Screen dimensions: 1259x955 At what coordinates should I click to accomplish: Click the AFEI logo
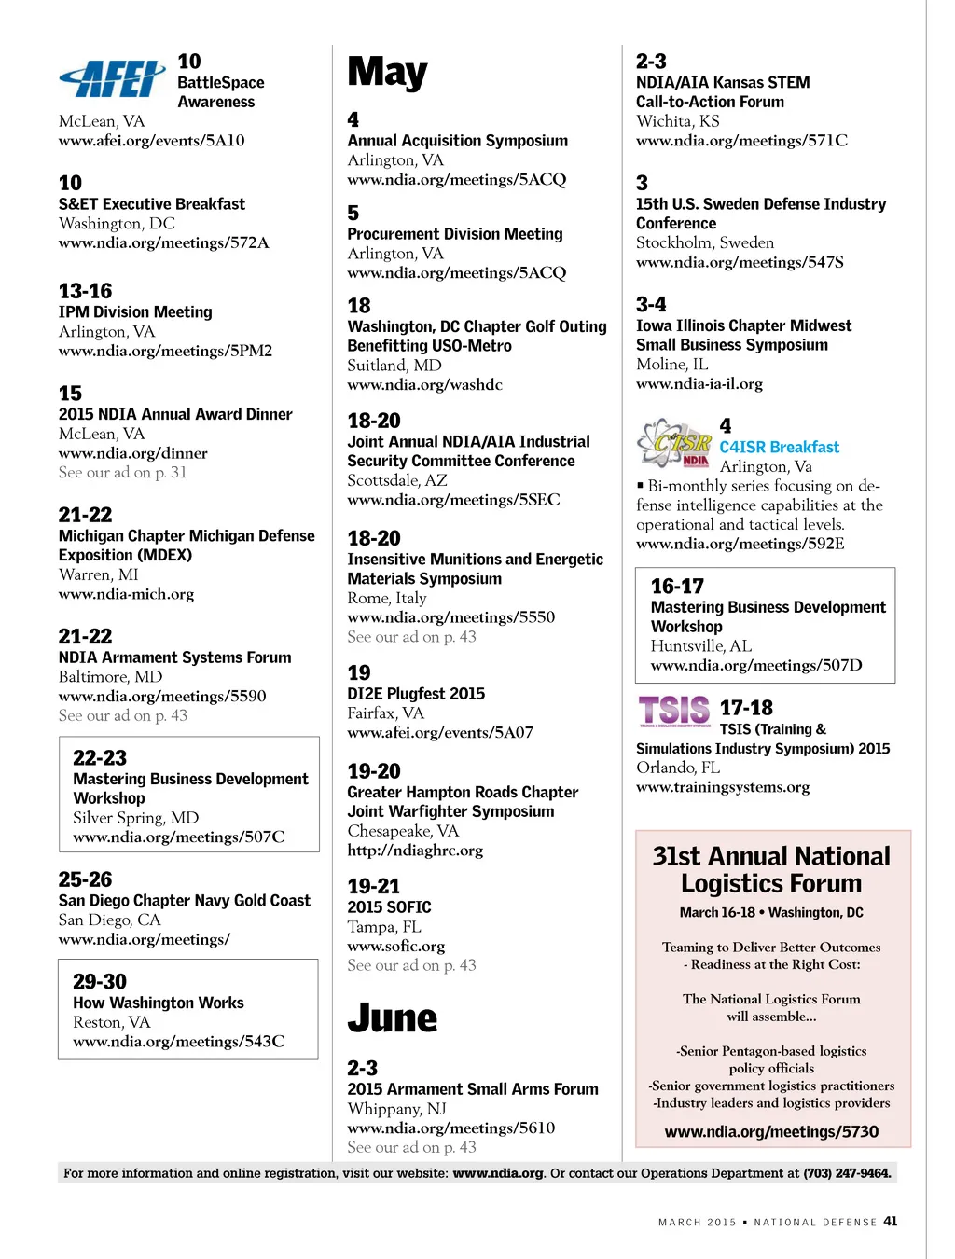(x=113, y=78)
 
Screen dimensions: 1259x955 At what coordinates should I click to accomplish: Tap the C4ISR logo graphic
(x=673, y=443)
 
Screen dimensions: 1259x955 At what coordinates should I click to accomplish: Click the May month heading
(x=387, y=73)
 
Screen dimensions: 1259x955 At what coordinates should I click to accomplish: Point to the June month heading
(x=392, y=1018)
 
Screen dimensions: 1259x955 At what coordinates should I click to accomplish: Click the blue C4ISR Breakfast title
(x=779, y=448)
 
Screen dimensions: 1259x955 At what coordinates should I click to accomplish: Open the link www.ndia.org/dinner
(x=133, y=453)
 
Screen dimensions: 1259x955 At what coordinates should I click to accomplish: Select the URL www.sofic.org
(x=395, y=946)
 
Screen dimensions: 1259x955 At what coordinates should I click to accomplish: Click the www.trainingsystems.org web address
(x=723, y=787)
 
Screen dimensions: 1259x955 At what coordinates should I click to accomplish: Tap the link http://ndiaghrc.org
(x=415, y=851)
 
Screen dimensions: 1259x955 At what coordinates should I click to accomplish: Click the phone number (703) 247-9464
(x=847, y=1173)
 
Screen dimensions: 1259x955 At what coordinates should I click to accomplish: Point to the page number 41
(x=891, y=1221)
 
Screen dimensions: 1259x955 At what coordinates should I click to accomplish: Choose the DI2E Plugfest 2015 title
(x=416, y=694)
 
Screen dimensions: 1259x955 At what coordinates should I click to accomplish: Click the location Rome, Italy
(x=387, y=598)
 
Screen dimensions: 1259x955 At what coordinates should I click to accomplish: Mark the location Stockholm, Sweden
(x=705, y=242)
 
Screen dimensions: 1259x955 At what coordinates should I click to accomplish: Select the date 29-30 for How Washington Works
(x=100, y=981)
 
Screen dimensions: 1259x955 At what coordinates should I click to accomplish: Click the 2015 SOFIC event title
(x=389, y=907)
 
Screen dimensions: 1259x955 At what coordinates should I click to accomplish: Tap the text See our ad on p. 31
(x=122, y=473)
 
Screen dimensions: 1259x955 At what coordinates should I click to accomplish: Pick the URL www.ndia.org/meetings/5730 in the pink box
(x=771, y=1132)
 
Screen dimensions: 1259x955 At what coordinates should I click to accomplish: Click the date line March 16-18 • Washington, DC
(x=771, y=913)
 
